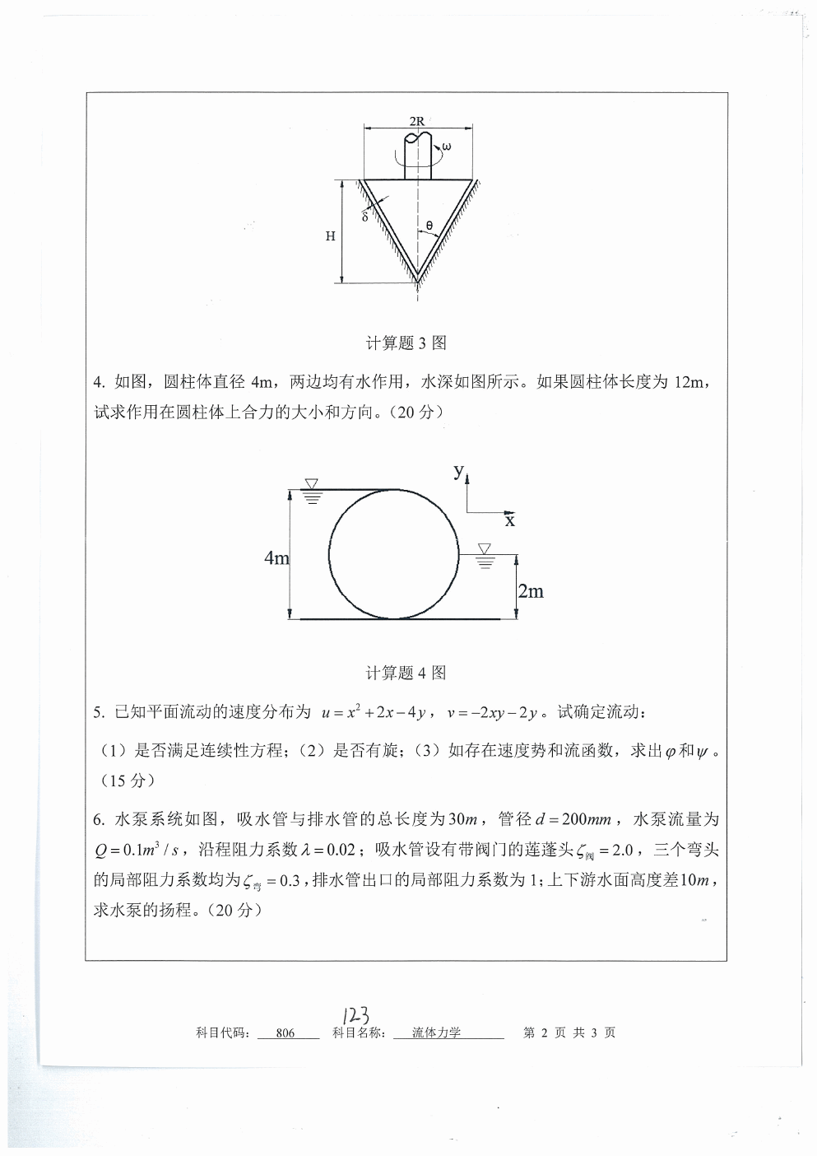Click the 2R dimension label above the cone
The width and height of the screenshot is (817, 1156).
pyautogui.click(x=417, y=121)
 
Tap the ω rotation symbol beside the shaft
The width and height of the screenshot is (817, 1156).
pyautogui.click(x=446, y=147)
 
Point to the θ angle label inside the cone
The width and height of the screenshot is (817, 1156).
pyautogui.click(x=429, y=224)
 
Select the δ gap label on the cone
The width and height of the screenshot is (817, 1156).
pyautogui.click(x=364, y=217)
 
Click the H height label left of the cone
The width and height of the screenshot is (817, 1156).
pyautogui.click(x=330, y=236)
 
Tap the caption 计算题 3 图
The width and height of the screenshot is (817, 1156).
pyautogui.click(x=406, y=343)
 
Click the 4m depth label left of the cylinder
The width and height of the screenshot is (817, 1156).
pyautogui.click(x=276, y=558)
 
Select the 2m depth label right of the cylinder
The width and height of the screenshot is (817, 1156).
pyautogui.click(x=531, y=591)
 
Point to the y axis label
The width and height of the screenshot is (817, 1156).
pyautogui.click(x=459, y=471)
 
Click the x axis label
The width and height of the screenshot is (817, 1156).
pyautogui.click(x=510, y=520)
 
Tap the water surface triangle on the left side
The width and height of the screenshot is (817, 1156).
pyautogui.click(x=311, y=483)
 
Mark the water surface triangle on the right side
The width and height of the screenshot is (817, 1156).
pyautogui.click(x=484, y=548)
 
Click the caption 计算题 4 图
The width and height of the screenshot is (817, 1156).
pyautogui.click(x=406, y=673)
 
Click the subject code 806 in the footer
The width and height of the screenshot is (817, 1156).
pyautogui.click(x=285, y=1033)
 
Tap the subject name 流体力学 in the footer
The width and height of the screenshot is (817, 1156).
pyautogui.click(x=437, y=1033)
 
